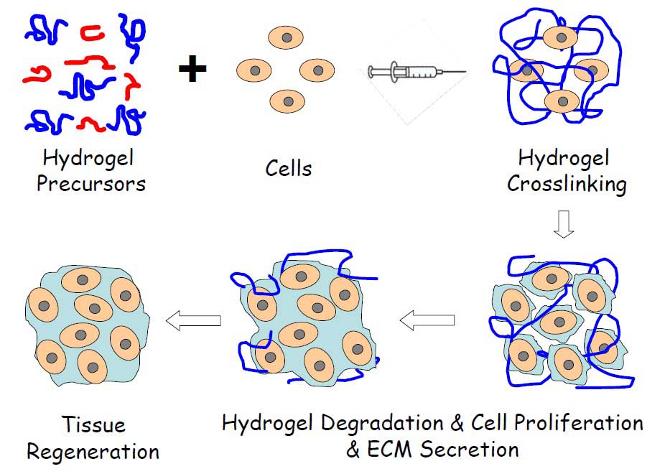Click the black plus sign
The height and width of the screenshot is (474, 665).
pyautogui.click(x=192, y=70)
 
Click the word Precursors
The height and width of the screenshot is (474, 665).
pyautogui.click(x=91, y=183)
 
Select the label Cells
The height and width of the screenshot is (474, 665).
pyautogui.click(x=289, y=169)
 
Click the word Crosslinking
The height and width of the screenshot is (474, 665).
pyautogui.click(x=567, y=184)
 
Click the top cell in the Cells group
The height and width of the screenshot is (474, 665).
pyautogui.click(x=286, y=37)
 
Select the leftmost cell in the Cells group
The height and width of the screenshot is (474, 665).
pyautogui.click(x=254, y=70)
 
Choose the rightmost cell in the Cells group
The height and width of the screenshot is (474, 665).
pyautogui.click(x=317, y=70)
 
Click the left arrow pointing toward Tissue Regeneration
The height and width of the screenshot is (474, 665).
pyautogui.click(x=192, y=320)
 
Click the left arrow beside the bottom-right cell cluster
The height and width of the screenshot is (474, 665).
pyautogui.click(x=427, y=320)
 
